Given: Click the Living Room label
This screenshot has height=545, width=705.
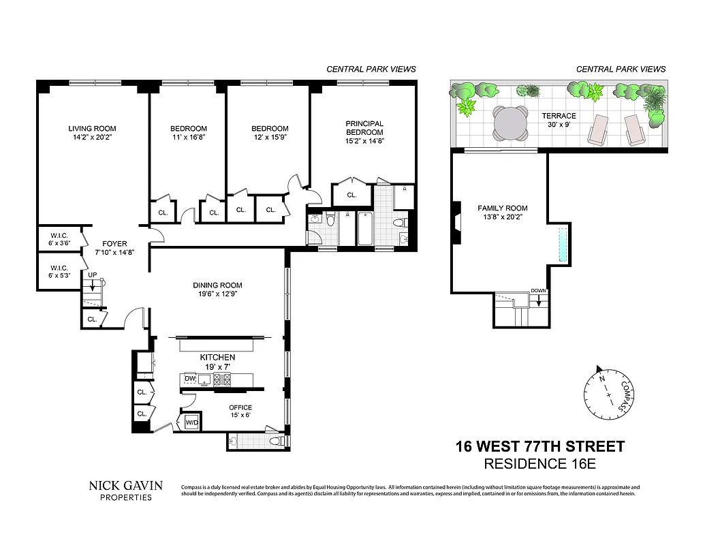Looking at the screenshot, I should click(92, 128).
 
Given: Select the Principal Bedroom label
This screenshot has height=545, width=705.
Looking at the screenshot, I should click(364, 127).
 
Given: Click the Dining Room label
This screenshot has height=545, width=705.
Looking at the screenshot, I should click(217, 285).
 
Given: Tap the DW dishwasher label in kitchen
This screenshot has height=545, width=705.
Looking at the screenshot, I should click(190, 378).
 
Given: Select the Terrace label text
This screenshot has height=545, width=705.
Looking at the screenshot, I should click(559, 116).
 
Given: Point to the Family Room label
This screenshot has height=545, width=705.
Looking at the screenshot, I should click(502, 208).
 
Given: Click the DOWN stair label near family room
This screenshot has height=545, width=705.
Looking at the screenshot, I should click(538, 291).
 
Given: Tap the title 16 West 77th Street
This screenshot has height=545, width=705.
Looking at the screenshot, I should click(539, 447).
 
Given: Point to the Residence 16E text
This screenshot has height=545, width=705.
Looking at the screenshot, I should click(539, 465).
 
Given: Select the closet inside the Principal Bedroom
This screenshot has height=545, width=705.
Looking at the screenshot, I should click(351, 195).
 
